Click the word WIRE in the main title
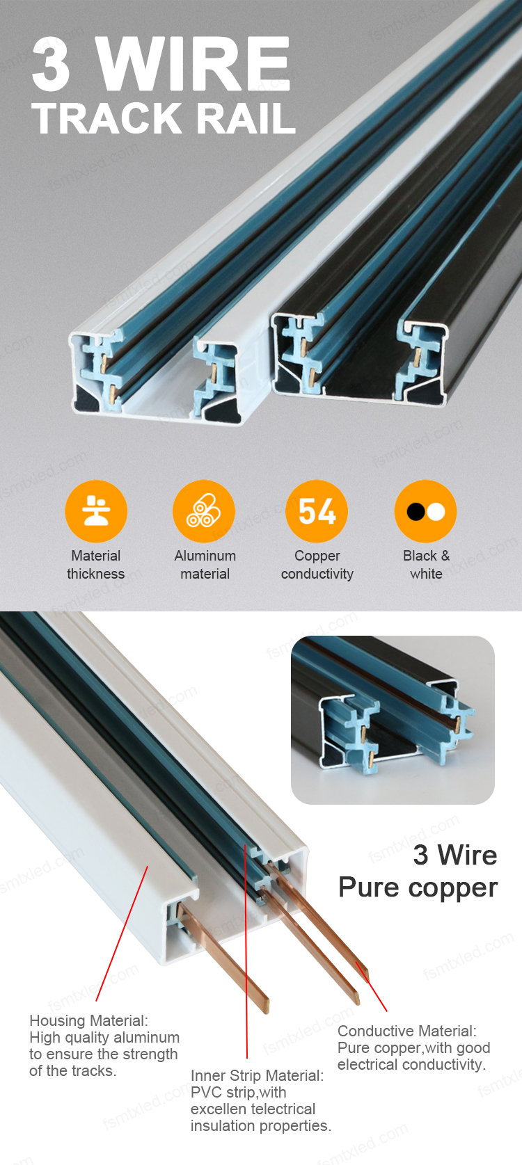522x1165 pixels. point(192,64)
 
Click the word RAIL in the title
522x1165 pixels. point(245,118)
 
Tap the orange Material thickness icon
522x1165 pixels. point(96,511)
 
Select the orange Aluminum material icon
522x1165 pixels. point(204,511)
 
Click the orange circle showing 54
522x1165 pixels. point(317,511)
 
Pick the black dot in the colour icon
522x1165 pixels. point(416,512)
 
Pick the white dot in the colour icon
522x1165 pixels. point(436,512)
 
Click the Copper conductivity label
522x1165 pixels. point(317,565)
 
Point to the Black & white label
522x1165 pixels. point(426,565)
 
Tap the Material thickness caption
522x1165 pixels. point(96,565)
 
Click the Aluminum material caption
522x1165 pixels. point(205,565)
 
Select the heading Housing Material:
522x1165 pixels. point(89,1020)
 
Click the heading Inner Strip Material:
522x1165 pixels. point(257,1075)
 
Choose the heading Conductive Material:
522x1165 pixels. point(407,1031)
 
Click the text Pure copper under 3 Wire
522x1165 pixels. point(418,887)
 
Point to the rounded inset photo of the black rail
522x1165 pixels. point(393,720)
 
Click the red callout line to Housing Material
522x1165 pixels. point(122,933)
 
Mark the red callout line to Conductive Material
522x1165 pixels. point(371,987)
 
